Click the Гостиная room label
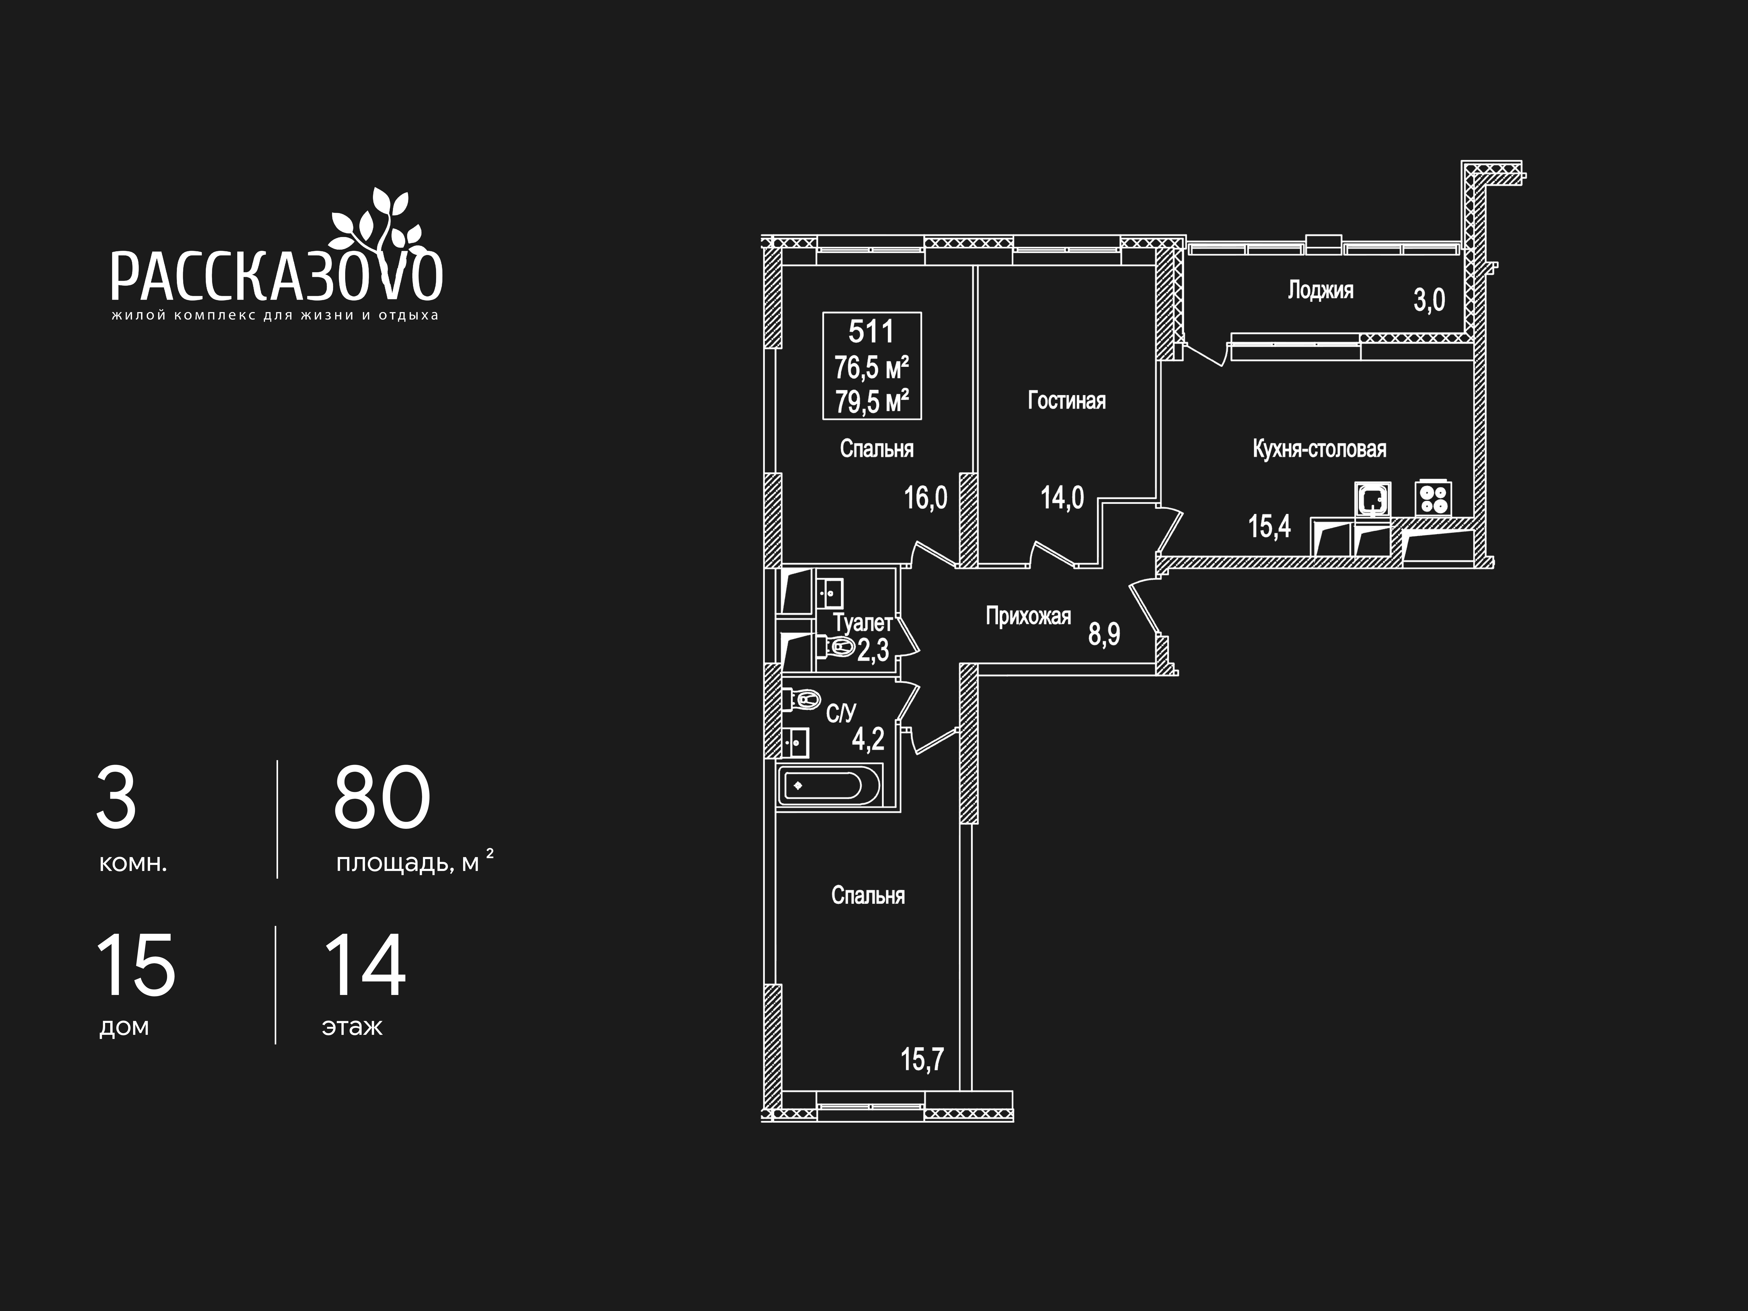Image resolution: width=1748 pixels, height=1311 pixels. point(1066,401)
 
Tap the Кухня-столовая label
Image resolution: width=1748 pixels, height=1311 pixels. point(1319,449)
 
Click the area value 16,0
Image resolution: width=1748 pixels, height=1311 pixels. point(925,498)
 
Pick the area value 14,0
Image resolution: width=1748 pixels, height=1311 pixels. point(1062,498)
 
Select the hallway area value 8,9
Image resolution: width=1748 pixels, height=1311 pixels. point(1104,634)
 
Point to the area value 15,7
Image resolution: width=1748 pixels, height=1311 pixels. point(922,1059)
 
